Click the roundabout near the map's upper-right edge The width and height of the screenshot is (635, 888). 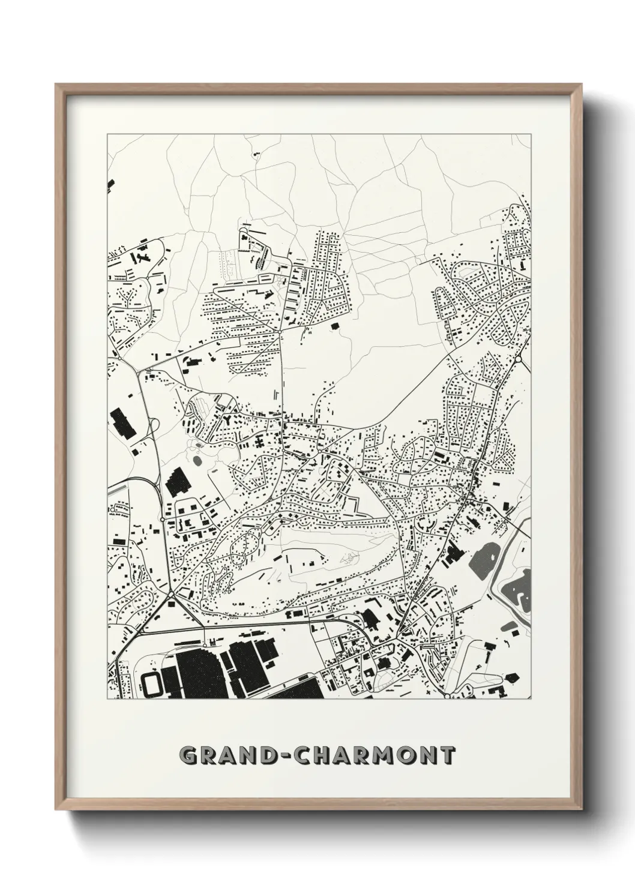(518, 359)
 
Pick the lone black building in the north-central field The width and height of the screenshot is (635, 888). (334, 325)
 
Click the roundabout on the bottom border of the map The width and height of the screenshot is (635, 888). (447, 695)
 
